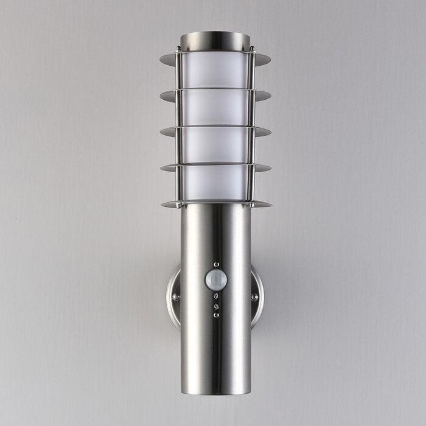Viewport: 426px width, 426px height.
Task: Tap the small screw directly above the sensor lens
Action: (215, 264)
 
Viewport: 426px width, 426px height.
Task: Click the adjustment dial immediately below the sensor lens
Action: (215, 298)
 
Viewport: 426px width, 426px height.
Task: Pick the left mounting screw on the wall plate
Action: (176, 296)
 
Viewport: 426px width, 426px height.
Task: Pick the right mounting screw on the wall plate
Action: (254, 296)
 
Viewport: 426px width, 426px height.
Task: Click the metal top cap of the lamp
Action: (215, 40)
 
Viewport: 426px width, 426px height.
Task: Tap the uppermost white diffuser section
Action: (215, 70)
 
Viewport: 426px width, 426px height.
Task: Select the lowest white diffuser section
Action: (215, 183)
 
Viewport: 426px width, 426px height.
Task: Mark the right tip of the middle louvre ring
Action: (270, 131)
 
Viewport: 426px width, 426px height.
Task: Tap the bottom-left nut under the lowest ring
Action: (181, 207)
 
